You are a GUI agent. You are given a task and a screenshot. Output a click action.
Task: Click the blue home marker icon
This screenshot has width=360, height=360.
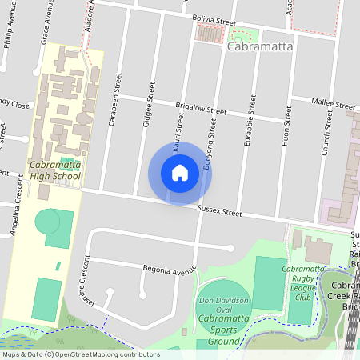coord(180,173)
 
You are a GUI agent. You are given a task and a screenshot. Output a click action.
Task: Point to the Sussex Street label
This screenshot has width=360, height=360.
coord(219,212)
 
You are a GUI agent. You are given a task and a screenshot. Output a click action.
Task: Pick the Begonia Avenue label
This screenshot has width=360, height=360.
coord(170,269)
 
